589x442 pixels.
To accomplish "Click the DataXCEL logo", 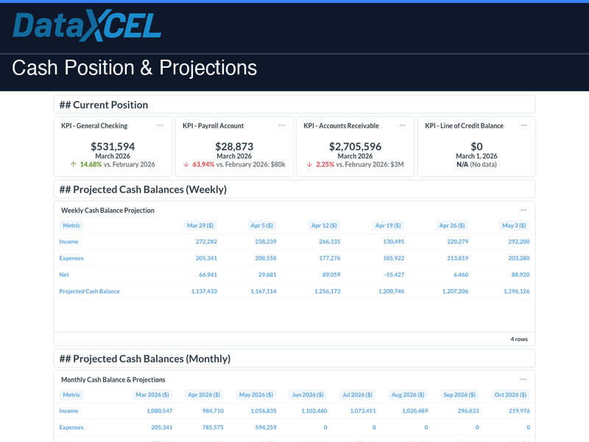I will click(x=88, y=27).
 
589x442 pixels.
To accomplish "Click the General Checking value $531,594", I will click(x=113, y=147).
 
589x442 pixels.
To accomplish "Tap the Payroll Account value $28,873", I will click(x=234, y=147).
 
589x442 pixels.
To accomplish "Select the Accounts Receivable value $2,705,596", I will click(x=355, y=147).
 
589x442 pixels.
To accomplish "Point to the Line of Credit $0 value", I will click(x=476, y=147).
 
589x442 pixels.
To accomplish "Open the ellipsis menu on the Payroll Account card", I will click(x=281, y=125).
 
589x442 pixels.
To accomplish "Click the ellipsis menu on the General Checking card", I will click(x=160, y=125).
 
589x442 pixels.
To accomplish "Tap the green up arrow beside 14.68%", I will click(x=74, y=164).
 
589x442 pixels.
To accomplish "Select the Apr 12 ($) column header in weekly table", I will click(x=324, y=225).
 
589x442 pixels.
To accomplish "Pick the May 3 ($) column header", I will click(x=514, y=225).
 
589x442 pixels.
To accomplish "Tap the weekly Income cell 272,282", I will click(x=202, y=242).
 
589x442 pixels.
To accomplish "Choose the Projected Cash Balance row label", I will click(x=89, y=291).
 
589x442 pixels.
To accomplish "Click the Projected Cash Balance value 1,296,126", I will click(x=514, y=291).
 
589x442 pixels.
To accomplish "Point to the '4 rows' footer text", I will click(x=519, y=340).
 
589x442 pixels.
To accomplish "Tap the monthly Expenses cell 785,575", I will click(x=208, y=427).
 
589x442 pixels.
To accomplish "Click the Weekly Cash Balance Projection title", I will click(x=107, y=211).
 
